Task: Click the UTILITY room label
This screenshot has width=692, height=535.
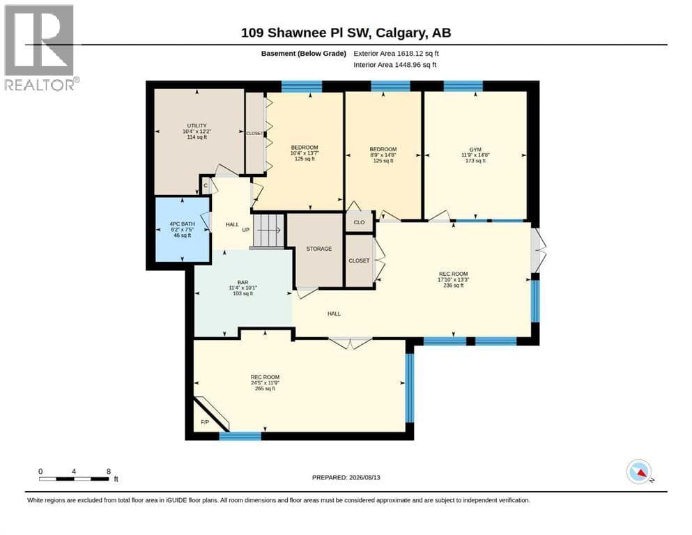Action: pos(197,125)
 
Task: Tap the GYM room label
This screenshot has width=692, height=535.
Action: pos(475,150)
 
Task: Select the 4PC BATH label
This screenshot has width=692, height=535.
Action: pos(183,224)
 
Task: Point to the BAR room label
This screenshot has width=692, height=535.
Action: pos(243,282)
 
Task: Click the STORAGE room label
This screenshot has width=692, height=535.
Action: pos(319,249)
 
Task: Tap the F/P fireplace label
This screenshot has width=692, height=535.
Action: pos(205,422)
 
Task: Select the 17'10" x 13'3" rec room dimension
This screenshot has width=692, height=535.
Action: pos(453,279)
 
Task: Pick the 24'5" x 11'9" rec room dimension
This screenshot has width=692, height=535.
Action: pos(265,383)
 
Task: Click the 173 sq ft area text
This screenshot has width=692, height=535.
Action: pos(475,161)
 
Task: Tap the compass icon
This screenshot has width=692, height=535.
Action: pos(639,472)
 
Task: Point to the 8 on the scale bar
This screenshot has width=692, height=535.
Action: pos(109,472)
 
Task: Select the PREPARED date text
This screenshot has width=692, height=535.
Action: pos(346,477)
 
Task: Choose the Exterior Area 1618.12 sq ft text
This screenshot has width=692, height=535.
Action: pos(396,54)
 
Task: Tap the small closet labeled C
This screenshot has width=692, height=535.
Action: pos(206,186)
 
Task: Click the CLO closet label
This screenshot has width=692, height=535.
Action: pos(359,222)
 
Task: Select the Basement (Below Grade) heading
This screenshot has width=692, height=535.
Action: pos(304,54)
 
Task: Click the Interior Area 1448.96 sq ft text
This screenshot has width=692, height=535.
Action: pos(395,65)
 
